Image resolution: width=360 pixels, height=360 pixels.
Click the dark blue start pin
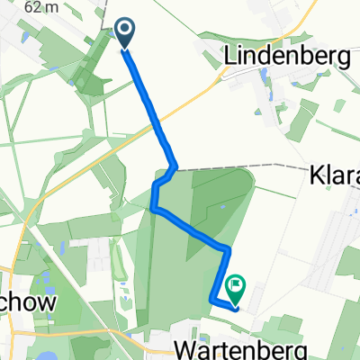[x=125, y=34]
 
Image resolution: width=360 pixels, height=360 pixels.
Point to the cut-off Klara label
[x=336, y=173]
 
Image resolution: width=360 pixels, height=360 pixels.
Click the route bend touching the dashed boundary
[x=174, y=166]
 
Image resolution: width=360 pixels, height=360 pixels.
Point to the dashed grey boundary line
[x=261, y=166]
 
